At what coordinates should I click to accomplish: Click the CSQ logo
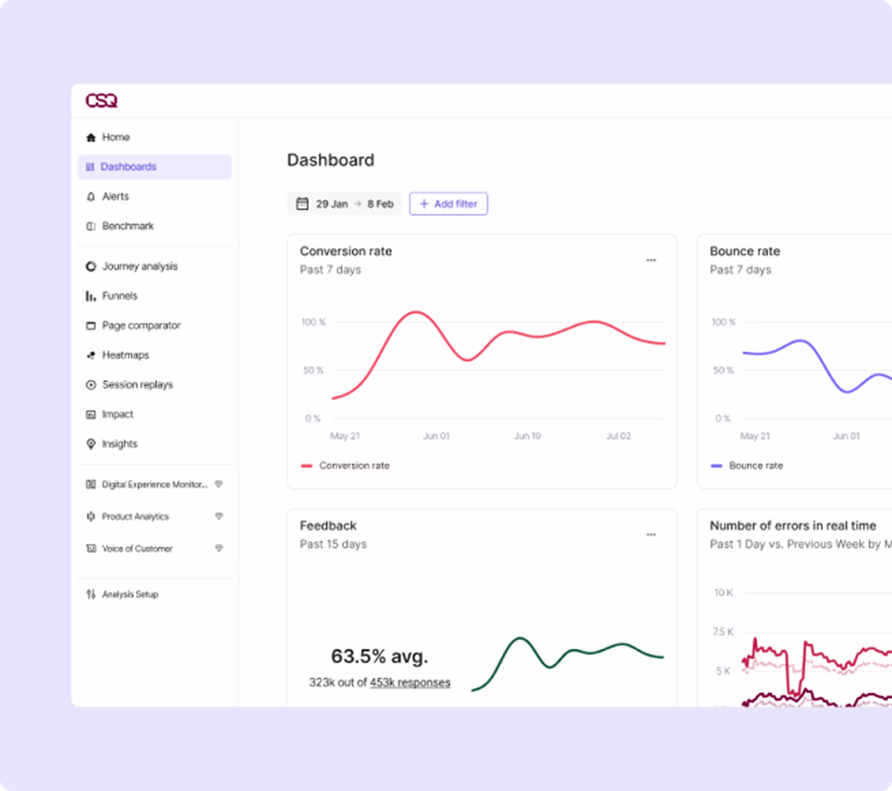(101, 101)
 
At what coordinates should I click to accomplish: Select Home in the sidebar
(116, 137)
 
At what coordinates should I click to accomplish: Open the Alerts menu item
(115, 197)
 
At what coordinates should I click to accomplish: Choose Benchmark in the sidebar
(128, 226)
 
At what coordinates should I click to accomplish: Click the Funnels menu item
(119, 296)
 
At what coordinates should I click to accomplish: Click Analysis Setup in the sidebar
(130, 594)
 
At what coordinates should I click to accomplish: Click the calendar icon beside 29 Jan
(302, 204)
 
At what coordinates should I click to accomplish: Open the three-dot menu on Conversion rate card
(651, 260)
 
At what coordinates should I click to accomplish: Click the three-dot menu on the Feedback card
(651, 535)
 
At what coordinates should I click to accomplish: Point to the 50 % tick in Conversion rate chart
(313, 370)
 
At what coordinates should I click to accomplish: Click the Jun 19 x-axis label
(527, 436)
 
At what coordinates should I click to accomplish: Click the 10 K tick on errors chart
(723, 593)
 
